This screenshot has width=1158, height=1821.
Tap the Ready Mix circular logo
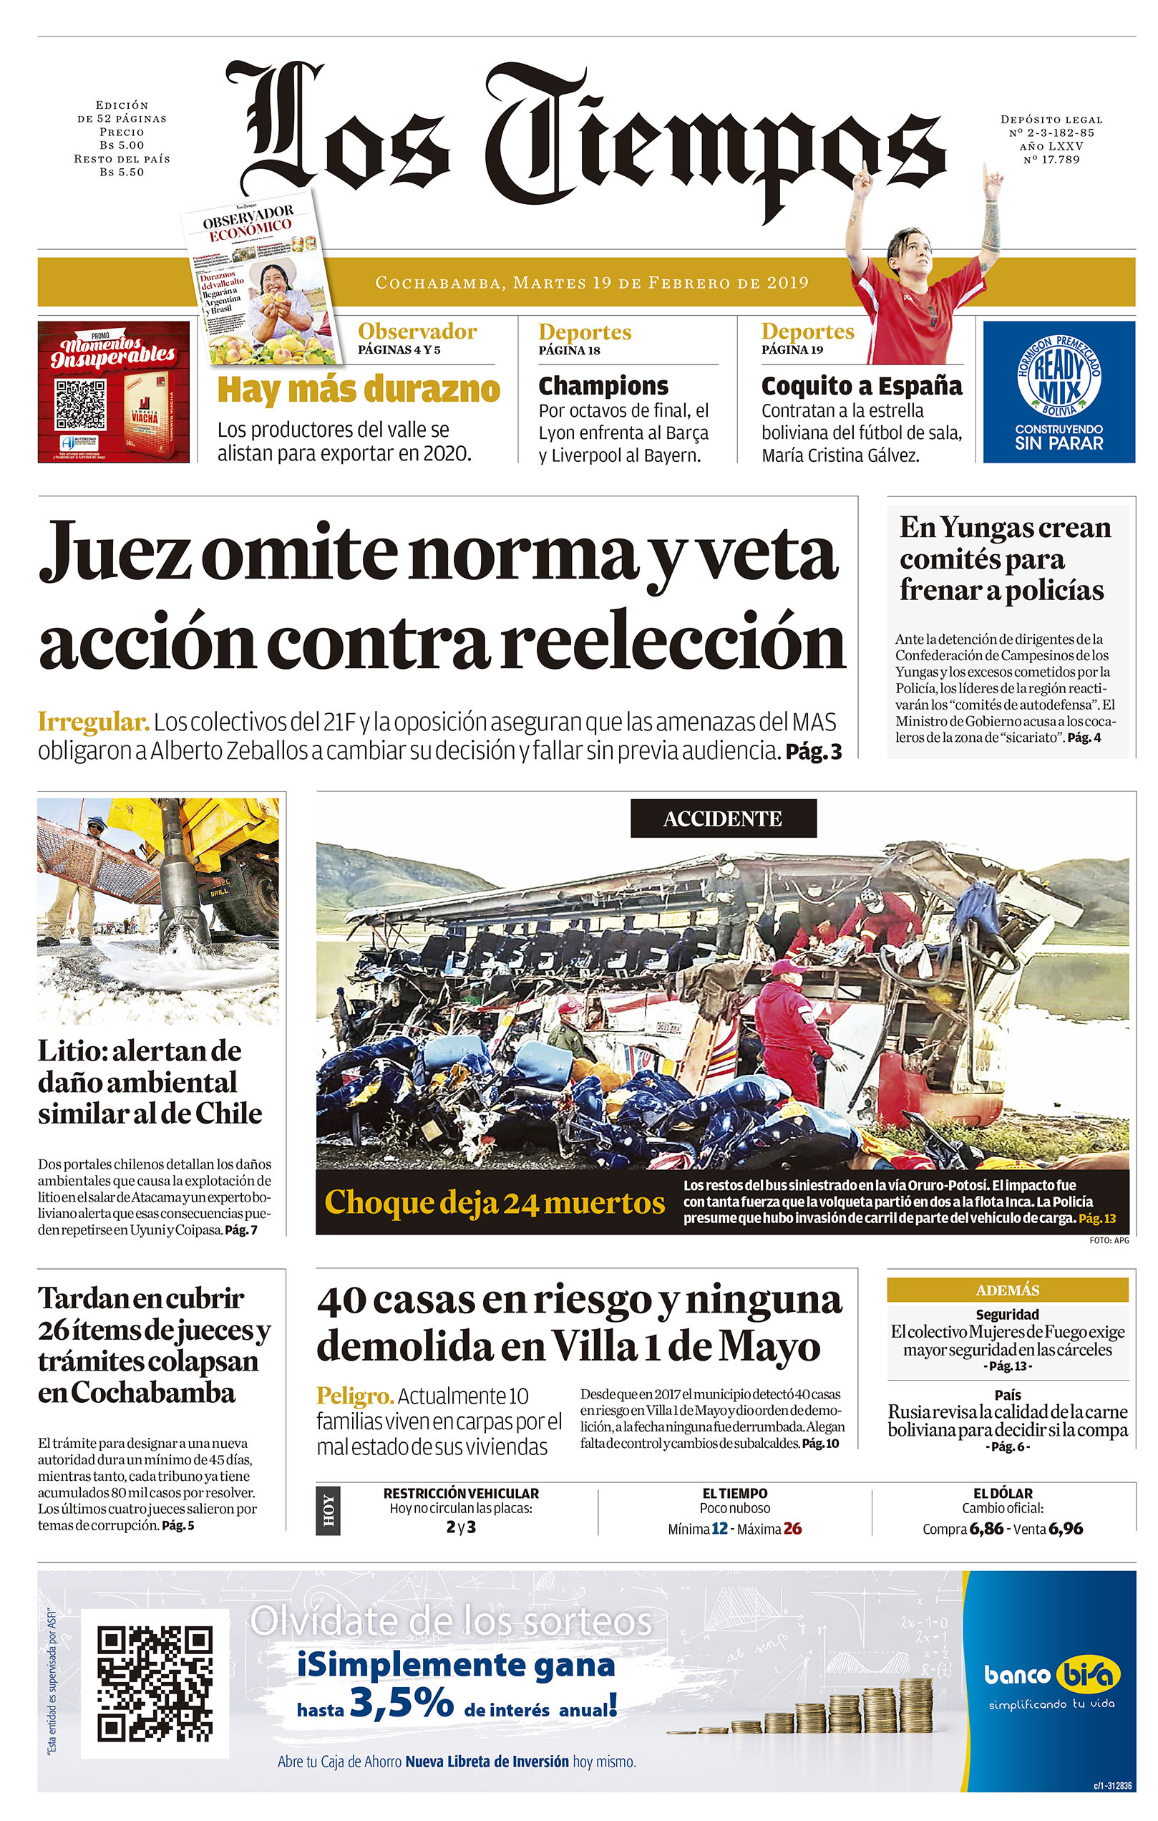(x=1059, y=375)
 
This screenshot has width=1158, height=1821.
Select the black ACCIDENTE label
(x=723, y=818)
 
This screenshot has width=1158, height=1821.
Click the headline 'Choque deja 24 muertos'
(x=495, y=1202)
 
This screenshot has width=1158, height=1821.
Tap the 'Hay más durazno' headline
(x=359, y=390)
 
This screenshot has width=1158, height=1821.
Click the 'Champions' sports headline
(x=603, y=386)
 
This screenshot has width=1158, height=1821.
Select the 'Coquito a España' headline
(x=861, y=386)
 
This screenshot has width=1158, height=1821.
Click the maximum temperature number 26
(x=792, y=1528)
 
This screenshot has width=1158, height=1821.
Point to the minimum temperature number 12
(x=719, y=1528)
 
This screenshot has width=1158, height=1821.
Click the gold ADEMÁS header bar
(x=1007, y=1290)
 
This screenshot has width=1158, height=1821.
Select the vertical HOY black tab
(x=328, y=1510)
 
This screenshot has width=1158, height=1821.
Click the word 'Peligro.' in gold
(x=354, y=1395)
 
